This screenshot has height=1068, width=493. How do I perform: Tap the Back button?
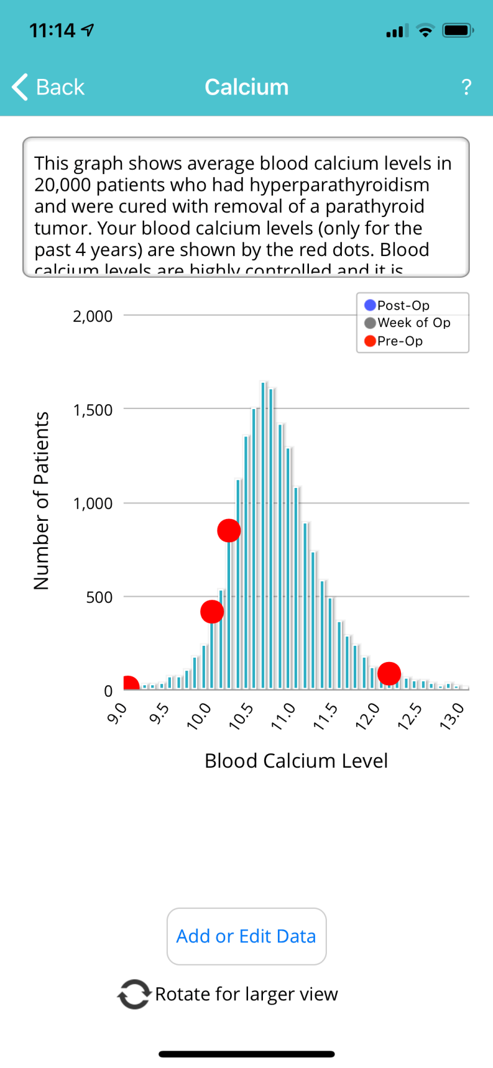point(48,87)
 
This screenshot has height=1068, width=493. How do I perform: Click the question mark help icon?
point(467,87)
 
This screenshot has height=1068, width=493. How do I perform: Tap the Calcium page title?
point(246,87)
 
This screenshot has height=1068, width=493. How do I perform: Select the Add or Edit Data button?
point(246,936)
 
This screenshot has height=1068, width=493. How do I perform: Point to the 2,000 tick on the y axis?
point(93,316)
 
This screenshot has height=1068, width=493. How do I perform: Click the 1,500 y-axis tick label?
point(93,410)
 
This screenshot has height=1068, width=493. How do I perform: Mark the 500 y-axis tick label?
point(99,597)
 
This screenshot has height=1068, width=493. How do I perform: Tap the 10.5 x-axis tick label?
point(241,716)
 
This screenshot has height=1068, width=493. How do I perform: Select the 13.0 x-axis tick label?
point(452,716)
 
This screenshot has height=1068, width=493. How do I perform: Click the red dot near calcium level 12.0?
point(389,673)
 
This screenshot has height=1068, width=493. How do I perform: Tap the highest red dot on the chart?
point(229,530)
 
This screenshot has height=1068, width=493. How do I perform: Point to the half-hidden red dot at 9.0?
point(130,684)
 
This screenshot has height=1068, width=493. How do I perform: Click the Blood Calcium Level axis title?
point(296,761)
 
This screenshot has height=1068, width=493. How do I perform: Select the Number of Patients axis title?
point(41,501)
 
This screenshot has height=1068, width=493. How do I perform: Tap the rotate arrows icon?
point(133,994)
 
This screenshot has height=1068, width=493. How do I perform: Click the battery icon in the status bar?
point(457,30)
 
